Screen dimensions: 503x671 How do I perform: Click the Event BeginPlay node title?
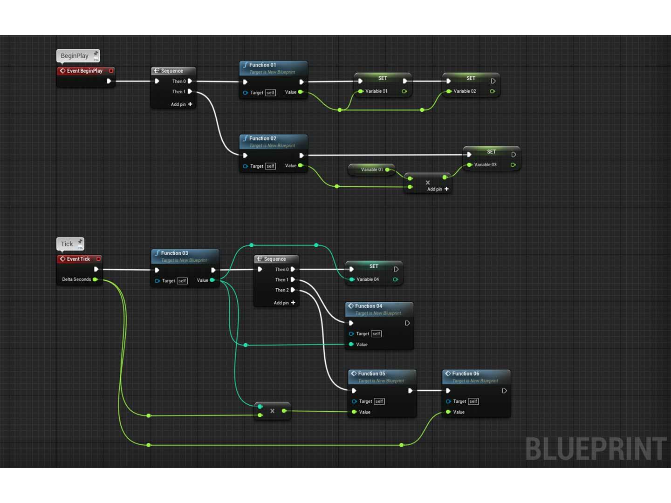pyautogui.click(x=84, y=71)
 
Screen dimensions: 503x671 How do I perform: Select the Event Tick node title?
pyautogui.click(x=78, y=259)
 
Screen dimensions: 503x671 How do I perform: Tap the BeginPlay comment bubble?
pyautogui.click(x=75, y=56)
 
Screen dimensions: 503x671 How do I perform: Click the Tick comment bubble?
pyautogui.click(x=67, y=244)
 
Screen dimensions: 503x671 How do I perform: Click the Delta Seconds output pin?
pyautogui.click(x=95, y=279)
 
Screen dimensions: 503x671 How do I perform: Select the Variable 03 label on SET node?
pyautogui.click(x=485, y=165)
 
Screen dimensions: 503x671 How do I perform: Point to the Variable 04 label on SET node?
pyautogui.click(x=368, y=279)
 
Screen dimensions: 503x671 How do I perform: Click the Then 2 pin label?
pyautogui.click(x=281, y=290)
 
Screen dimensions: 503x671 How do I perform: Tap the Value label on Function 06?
pyautogui.click(x=459, y=412)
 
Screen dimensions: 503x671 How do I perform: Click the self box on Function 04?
pyautogui.click(x=377, y=334)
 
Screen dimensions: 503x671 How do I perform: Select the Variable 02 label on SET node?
pyautogui.click(x=465, y=91)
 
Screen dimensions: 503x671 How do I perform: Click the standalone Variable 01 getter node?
pyautogui.click(x=371, y=170)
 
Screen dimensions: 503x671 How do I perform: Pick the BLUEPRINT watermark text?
pyautogui.click(x=596, y=449)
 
